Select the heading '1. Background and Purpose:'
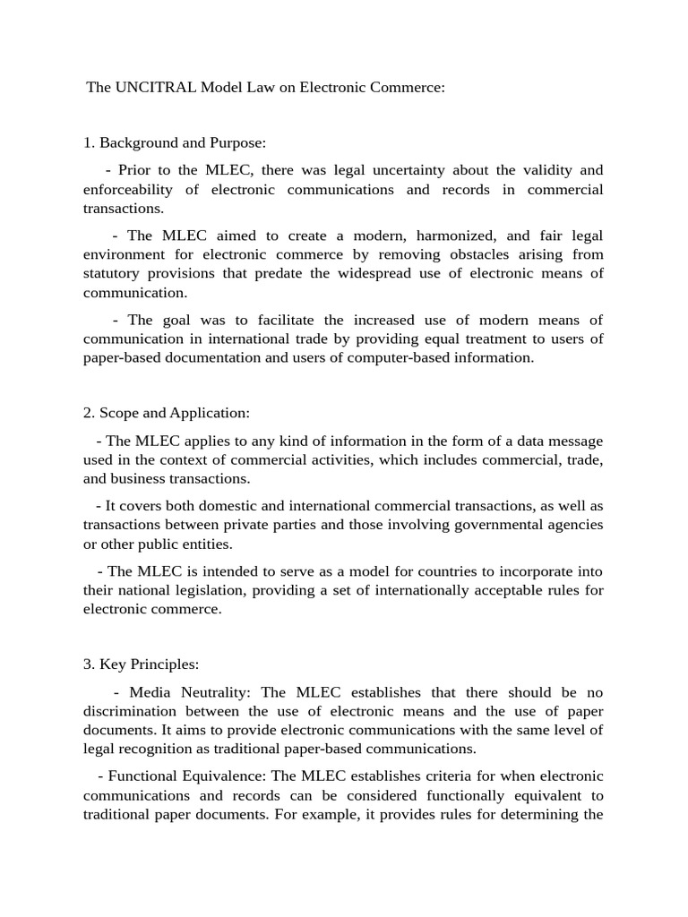[x=175, y=142]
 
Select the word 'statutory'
[x=115, y=273]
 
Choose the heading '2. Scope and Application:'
[x=167, y=413]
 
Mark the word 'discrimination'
[x=133, y=711]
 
